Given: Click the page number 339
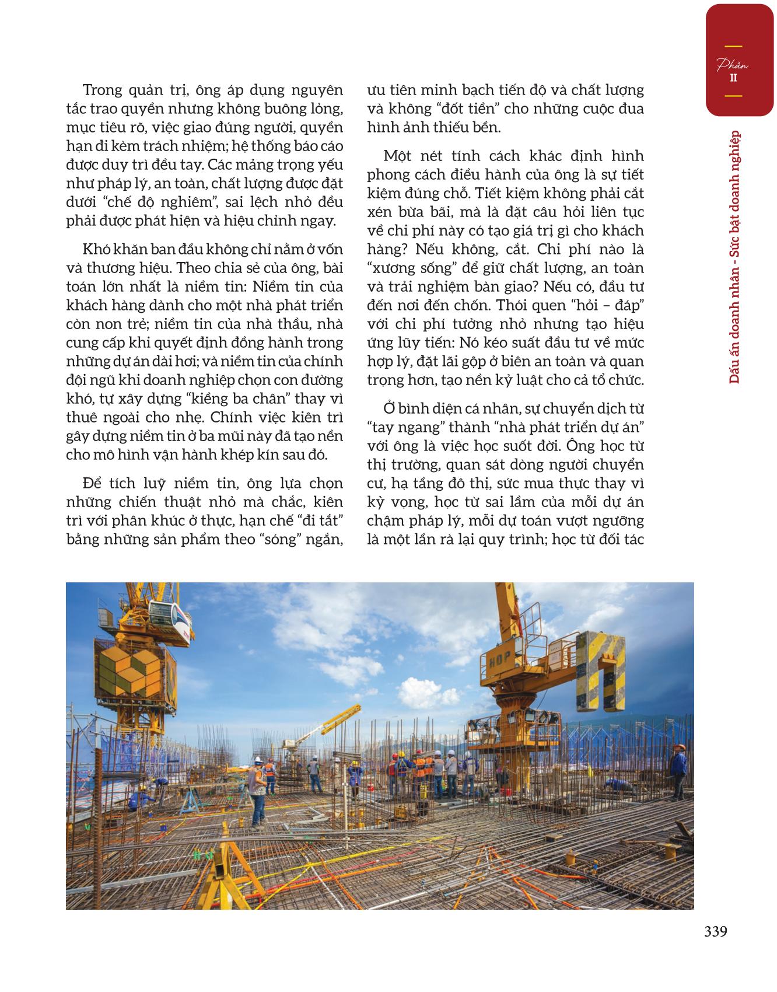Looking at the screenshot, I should pyautogui.click(x=715, y=932).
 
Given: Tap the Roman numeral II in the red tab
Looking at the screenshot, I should pyautogui.click(x=733, y=78).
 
